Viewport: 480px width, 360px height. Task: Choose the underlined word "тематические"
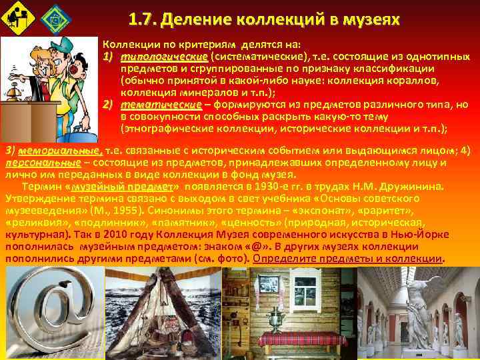click(x=161, y=106)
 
